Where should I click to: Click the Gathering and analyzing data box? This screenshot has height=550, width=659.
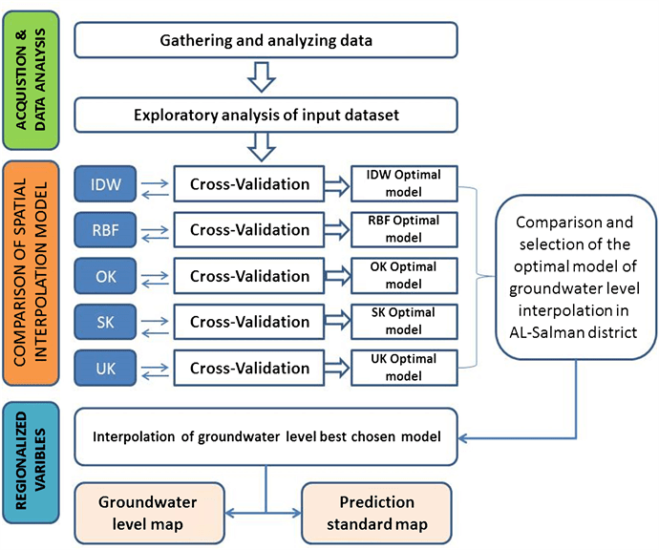click(x=266, y=40)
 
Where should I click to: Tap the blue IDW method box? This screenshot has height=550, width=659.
click(x=104, y=181)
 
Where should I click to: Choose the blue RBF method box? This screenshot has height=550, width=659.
click(x=104, y=229)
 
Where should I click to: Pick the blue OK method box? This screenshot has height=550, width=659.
click(x=104, y=275)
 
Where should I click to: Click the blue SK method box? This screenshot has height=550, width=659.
click(x=104, y=321)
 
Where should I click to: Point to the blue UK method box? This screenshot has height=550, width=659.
click(x=104, y=367)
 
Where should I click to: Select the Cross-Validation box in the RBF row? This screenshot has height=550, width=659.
click(x=249, y=229)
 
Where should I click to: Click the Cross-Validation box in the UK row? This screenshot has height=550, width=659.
click(x=249, y=367)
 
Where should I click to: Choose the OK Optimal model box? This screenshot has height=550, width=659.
click(x=404, y=275)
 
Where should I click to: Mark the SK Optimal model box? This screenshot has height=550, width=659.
click(x=404, y=321)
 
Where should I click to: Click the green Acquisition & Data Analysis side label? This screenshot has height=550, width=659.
click(x=31, y=77)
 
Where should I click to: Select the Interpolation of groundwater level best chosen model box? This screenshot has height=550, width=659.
click(x=266, y=437)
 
